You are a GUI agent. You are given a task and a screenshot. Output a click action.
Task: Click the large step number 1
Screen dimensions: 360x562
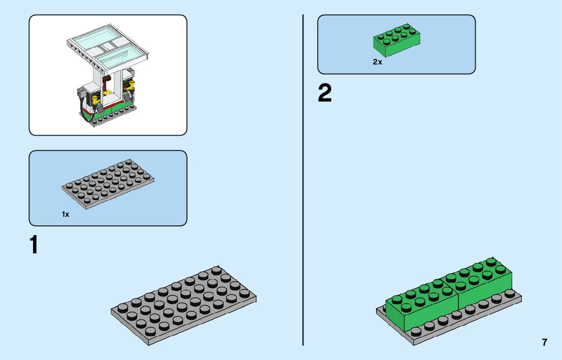34,245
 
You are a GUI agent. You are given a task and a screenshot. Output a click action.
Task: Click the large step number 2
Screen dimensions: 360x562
325,94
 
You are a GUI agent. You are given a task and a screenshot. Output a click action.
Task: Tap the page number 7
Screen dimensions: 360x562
545,342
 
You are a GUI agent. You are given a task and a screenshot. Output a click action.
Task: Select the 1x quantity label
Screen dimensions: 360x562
66,214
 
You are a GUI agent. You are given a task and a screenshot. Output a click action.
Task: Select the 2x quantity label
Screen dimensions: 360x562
377,62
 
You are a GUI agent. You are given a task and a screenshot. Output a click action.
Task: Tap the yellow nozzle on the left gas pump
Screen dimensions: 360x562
95,96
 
